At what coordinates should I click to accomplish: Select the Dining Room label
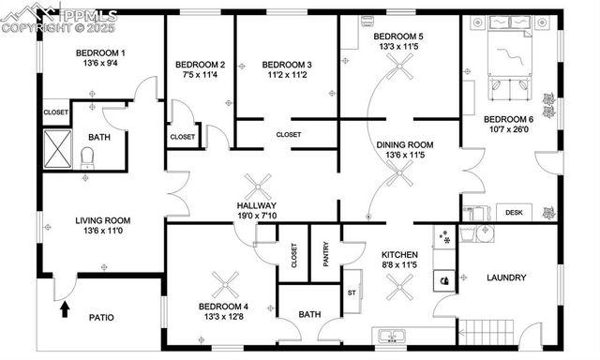click(405, 144)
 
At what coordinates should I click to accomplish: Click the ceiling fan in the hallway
click(256, 187)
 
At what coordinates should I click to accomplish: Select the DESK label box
click(514, 213)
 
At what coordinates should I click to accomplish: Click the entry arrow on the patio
click(65, 308)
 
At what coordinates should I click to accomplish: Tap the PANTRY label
click(325, 255)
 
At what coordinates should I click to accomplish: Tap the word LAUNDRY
click(506, 277)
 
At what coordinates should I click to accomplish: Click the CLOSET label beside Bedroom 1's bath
click(55, 112)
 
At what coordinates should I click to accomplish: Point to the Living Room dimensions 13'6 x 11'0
click(101, 232)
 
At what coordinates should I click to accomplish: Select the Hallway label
click(256, 205)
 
